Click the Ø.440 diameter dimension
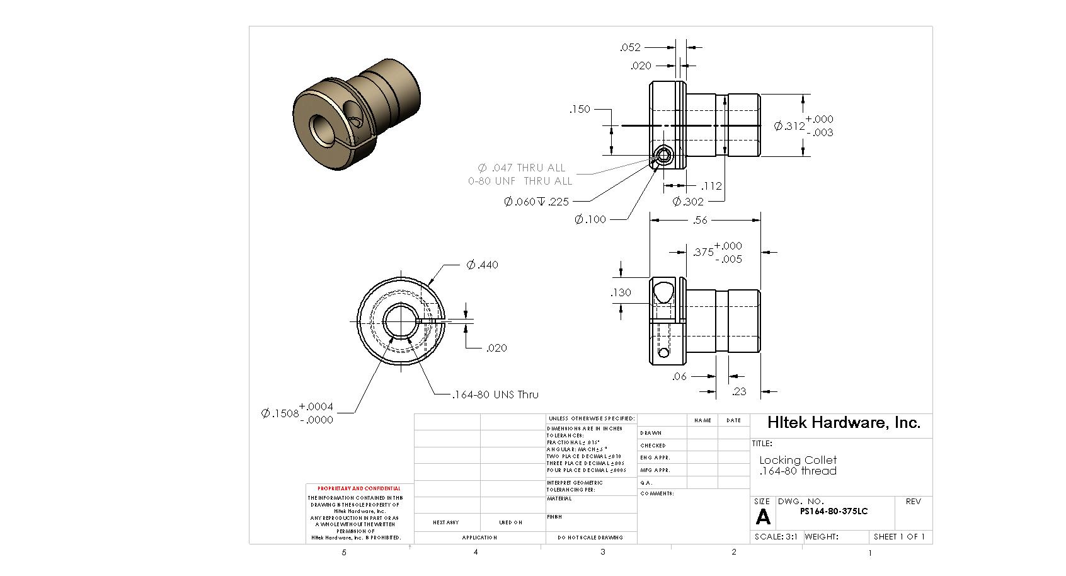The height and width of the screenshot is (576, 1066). [483, 265]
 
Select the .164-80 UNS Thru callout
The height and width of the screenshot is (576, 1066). [495, 395]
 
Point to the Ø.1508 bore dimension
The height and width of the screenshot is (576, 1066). [297, 413]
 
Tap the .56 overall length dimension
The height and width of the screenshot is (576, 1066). [700, 220]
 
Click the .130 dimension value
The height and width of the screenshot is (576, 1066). [621, 292]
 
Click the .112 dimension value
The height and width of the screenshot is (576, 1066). [711, 186]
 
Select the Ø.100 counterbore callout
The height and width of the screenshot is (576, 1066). [590, 219]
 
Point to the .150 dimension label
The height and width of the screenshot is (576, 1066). [580, 109]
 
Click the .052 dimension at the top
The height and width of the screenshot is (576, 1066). [630, 47]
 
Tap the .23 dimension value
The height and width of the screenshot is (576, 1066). [739, 391]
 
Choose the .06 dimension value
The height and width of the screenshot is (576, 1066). [679, 376]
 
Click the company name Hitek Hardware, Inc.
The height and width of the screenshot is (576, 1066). [844, 422]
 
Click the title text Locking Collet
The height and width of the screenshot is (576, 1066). [798, 460]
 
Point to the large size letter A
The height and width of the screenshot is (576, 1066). [763, 517]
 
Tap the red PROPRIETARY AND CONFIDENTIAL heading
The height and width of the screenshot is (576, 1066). [358, 488]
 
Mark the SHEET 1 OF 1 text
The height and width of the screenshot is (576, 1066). [899, 537]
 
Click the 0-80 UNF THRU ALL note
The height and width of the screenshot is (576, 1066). [520, 181]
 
